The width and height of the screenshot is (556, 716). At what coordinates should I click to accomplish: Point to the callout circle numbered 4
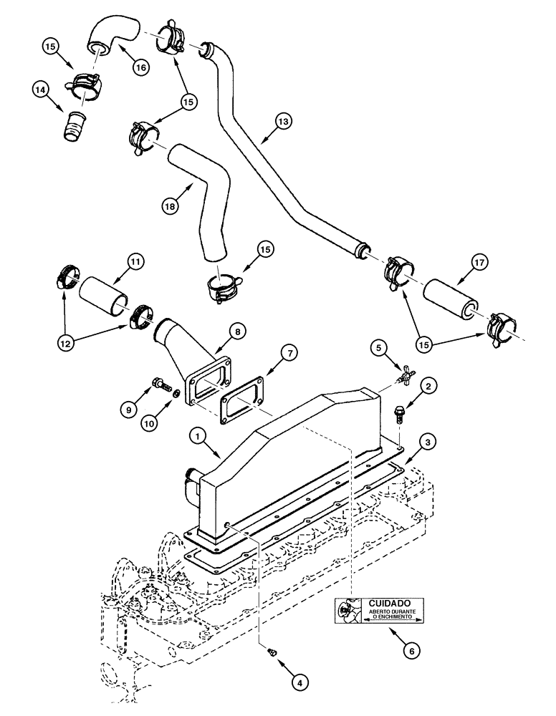pos(299,684)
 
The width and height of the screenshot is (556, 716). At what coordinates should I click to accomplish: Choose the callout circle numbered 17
pos(478,262)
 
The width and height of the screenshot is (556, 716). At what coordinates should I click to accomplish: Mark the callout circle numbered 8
pos(237,332)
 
